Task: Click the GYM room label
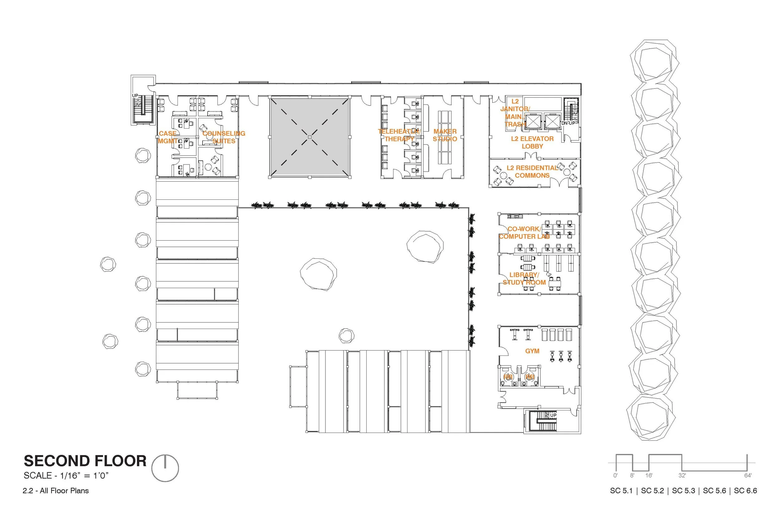coord(532,351)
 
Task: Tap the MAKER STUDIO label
coord(445,135)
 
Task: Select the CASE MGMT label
coord(168,137)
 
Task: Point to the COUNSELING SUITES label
coord(223,137)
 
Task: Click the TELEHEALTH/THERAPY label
coord(399,135)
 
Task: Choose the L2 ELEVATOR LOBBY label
coord(532,142)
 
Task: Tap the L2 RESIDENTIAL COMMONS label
coord(532,171)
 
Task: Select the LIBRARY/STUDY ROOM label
coord(524,278)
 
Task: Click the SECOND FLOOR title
coord(85,461)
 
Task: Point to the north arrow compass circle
coord(165,468)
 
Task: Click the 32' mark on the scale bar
coord(682,475)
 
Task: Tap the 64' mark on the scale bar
coord(748,475)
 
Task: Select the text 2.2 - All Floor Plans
coord(56,491)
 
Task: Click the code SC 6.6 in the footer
coord(745,491)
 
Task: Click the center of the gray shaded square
coord(310,137)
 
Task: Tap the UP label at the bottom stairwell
coord(553,415)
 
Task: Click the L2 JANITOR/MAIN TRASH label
coord(514,113)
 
